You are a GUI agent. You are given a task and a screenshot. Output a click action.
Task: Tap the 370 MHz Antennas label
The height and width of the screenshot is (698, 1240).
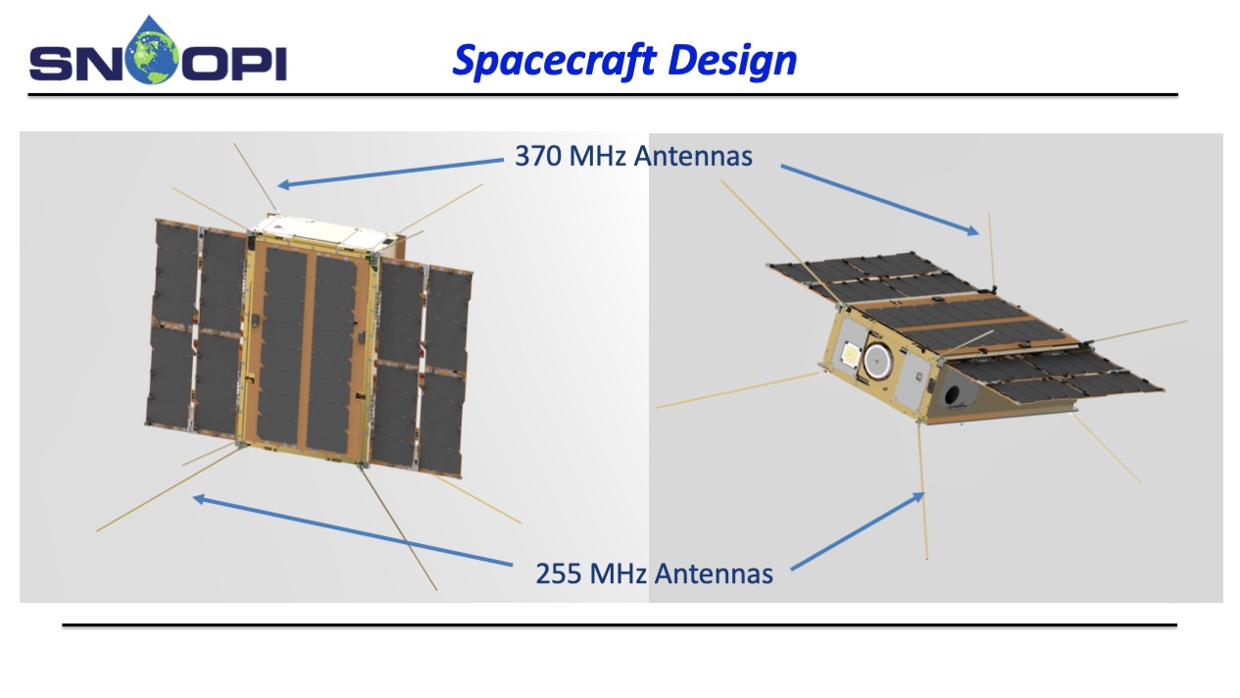point(633,155)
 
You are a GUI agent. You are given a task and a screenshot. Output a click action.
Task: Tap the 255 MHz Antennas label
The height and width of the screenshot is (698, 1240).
point(654,573)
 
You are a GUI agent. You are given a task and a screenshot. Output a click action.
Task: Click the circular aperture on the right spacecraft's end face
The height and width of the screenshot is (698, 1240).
point(877,360)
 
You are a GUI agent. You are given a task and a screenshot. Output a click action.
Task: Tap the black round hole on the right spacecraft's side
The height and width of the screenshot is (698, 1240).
point(954,395)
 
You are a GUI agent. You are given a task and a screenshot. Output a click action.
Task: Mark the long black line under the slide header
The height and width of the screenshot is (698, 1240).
point(602,96)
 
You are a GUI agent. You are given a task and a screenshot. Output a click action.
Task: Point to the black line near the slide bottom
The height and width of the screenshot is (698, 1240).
point(619,624)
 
